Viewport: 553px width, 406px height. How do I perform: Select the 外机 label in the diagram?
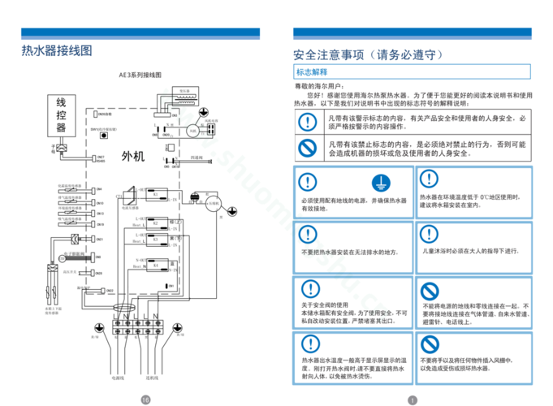click(x=132, y=155)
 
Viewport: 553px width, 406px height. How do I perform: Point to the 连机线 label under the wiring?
click(x=152, y=378)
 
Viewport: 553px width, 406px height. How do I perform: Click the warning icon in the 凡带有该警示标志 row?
click(x=306, y=122)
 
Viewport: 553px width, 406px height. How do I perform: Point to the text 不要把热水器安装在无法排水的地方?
click(x=350, y=251)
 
